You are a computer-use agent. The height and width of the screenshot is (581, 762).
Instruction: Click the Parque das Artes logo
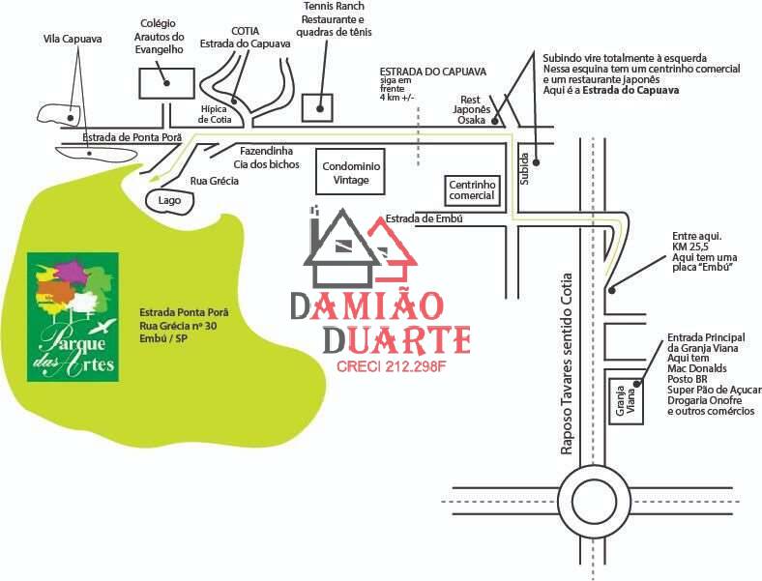(73, 317)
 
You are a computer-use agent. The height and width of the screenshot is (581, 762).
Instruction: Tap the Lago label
(169, 201)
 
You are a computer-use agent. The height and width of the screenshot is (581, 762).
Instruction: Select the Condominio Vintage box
(350, 172)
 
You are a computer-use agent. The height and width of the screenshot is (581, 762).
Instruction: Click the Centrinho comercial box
(472, 190)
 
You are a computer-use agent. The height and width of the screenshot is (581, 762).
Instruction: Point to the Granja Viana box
(626, 401)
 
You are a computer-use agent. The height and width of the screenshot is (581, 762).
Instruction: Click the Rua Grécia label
(215, 181)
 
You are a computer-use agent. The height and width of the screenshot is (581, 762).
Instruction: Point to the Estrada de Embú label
(424, 218)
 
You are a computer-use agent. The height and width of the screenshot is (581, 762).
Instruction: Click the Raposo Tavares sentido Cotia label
(566, 364)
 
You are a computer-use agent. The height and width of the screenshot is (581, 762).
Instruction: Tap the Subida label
(524, 168)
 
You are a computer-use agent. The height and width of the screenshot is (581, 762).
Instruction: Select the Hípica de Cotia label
(215, 114)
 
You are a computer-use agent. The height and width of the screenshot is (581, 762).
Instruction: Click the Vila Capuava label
(73, 39)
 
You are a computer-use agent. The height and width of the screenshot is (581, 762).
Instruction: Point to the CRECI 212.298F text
(391, 366)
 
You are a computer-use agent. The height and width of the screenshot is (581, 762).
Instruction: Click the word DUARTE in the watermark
(396, 340)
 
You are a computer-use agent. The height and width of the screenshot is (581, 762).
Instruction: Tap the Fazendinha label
(266, 151)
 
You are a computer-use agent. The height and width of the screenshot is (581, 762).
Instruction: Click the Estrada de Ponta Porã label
(132, 137)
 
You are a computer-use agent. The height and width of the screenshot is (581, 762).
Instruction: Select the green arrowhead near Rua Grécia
(156, 178)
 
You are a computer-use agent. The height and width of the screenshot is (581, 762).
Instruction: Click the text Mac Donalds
(697, 368)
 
